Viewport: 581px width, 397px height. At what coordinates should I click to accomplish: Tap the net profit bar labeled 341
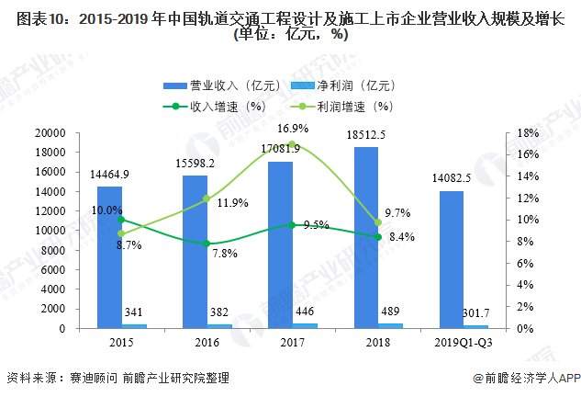pyautogui.click(x=134, y=326)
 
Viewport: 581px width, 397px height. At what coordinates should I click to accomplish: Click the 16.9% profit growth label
pyautogui.click(x=293, y=128)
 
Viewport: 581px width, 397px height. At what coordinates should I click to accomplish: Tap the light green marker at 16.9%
pyautogui.click(x=292, y=145)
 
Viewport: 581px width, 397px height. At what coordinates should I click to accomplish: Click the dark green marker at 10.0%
pyautogui.click(x=121, y=220)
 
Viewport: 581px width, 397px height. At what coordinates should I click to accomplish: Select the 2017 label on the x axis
pyautogui.click(x=292, y=343)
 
